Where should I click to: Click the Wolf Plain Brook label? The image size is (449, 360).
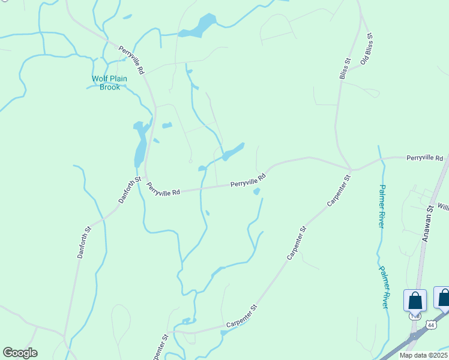point(106,83)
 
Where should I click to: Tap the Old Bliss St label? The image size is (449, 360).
point(367,49)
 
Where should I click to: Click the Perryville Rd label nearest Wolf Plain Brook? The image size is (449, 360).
point(131,60)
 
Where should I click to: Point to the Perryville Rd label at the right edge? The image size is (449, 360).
point(424,158)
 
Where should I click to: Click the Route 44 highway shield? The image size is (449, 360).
point(430,324)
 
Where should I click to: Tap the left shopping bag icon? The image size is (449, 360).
point(415,299)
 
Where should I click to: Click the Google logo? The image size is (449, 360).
point(20,353)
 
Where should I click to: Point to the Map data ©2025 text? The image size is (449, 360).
point(423,355)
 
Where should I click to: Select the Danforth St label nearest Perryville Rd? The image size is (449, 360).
point(129,190)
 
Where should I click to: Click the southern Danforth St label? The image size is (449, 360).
point(83,242)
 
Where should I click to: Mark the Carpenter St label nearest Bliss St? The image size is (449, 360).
point(339,191)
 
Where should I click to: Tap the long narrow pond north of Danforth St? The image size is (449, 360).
point(140,144)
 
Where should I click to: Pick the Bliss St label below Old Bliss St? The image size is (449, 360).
point(344,68)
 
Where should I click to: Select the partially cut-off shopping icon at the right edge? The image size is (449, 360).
point(444,298)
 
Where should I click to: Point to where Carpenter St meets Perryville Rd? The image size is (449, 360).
point(351,170)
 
